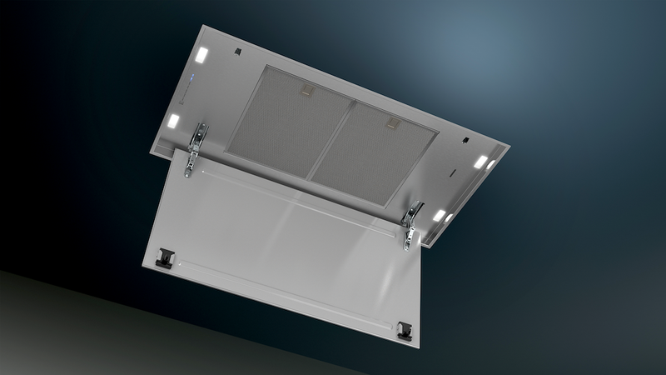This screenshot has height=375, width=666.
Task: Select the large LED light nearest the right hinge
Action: coord(439,215)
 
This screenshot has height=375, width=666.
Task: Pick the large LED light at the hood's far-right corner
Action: coord(482,160)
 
